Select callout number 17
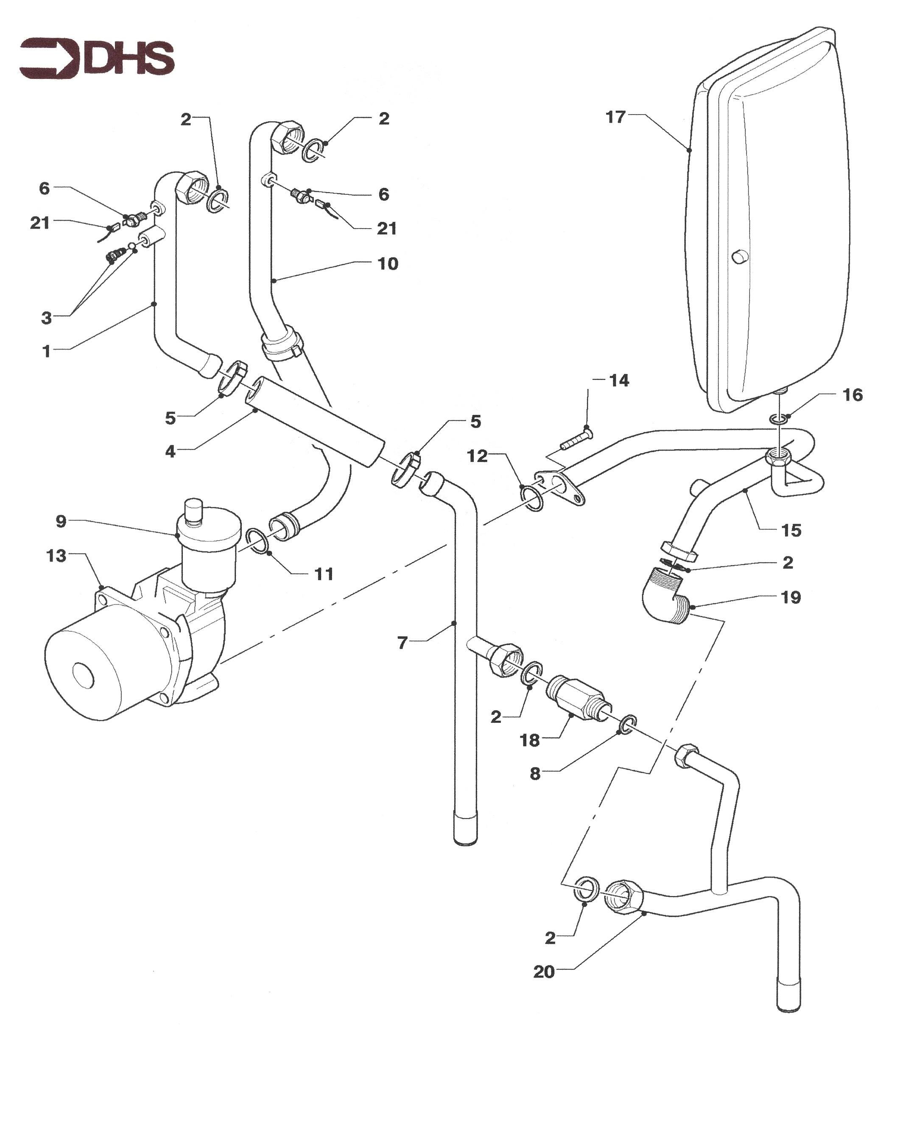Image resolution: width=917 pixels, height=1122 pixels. (615, 117)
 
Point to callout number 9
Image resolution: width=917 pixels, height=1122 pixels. (61, 521)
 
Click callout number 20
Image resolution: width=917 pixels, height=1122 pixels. (544, 971)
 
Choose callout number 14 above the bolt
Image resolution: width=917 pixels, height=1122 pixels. (619, 381)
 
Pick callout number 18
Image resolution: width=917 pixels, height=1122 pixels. (530, 740)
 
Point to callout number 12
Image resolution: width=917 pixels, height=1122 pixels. (477, 456)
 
